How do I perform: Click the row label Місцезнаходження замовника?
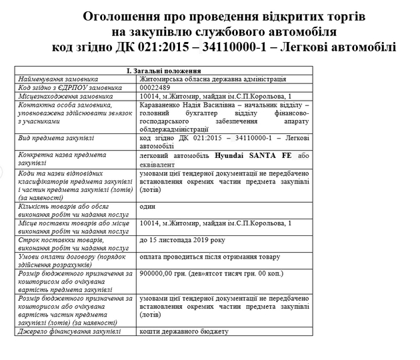65,96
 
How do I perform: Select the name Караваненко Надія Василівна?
187,105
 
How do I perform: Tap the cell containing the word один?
147,207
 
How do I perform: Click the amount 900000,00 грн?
165,273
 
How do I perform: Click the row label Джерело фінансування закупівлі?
70,331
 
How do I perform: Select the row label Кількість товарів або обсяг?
63,207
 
